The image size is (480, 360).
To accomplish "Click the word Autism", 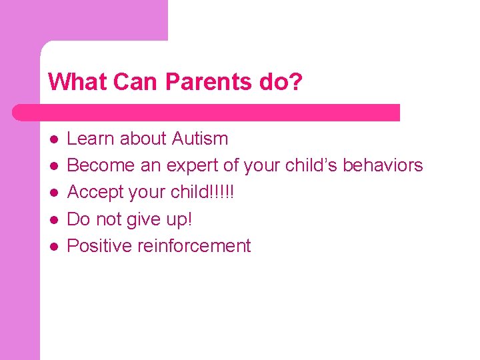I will coord(200,139).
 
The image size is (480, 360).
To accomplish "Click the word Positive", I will coord(100,246).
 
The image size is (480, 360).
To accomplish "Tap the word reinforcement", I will coord(194,246).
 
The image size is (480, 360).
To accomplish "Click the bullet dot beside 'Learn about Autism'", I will coord(53,139).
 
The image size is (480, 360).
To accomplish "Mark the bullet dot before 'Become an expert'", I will coord(53,166).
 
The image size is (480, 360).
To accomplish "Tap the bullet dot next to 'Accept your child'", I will coord(53,193).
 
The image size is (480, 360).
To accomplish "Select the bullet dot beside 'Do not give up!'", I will coord(53,219).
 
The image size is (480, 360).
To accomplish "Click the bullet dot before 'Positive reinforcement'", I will coord(53,247).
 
